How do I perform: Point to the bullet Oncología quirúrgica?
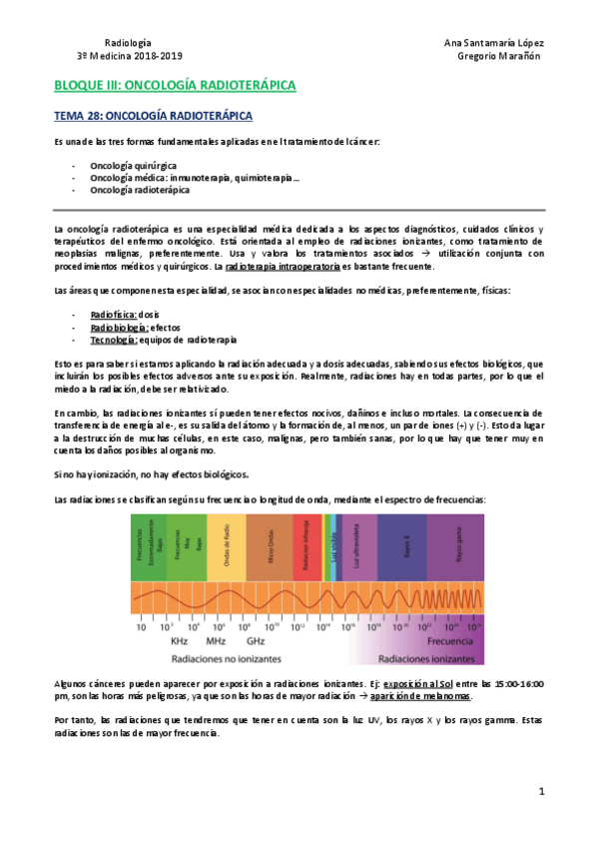point(133,164)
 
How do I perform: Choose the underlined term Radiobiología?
point(119,327)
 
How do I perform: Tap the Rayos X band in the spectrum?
point(405,546)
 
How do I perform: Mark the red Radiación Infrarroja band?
point(306,546)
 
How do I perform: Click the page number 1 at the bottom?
point(541,792)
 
